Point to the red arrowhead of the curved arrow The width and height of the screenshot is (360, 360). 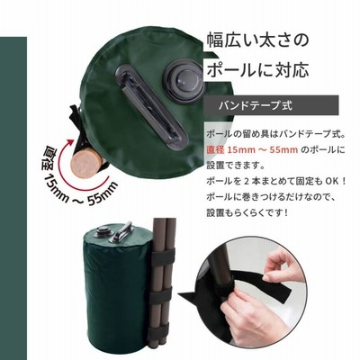coord(70,141)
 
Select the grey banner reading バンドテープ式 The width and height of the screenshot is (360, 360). coord(271,105)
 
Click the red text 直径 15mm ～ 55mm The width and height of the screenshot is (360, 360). coord(252,149)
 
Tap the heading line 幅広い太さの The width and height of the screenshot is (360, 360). coord(257,40)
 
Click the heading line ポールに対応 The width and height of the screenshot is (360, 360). coord(257,70)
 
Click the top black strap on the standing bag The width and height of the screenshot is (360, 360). coord(163,256)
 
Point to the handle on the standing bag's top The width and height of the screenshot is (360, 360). coord(122,231)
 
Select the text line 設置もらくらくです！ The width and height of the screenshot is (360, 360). coord(247,213)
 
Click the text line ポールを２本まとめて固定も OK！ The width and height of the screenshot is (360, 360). coord(276,181)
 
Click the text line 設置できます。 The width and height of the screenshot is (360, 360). coord(235,166)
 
